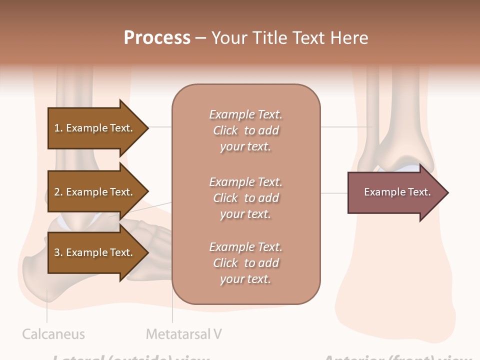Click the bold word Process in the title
(157, 37)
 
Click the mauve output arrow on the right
(390, 192)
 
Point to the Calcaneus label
(53, 334)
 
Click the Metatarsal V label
(184, 334)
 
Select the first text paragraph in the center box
(245, 130)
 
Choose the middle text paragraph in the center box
(245, 198)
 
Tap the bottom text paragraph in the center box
(245, 263)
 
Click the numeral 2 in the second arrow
(57, 192)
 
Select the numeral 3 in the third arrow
(57, 252)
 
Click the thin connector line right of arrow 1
(160, 127)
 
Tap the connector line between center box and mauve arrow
(334, 192)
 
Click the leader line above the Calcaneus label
(47, 310)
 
